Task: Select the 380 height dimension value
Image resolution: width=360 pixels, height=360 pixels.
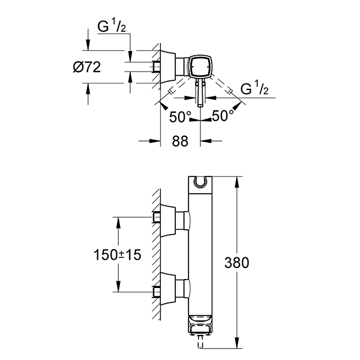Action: [x=236, y=262]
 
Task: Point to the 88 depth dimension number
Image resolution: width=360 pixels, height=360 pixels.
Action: [x=181, y=142]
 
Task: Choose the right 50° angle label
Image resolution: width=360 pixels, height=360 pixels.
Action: [x=222, y=116]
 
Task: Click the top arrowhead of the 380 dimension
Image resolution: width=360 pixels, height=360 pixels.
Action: [x=239, y=181]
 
